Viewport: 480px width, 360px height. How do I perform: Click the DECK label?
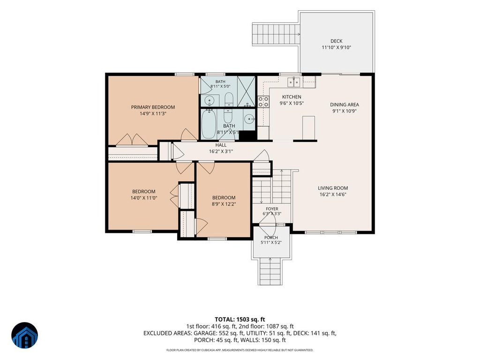(x=336, y=41)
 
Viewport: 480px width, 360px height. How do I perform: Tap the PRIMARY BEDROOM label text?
(x=153, y=107)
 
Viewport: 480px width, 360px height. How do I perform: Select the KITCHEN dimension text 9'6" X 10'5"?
(x=292, y=104)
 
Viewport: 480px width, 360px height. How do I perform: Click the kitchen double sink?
(x=294, y=82)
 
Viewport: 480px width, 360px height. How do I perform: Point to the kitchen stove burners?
(x=263, y=102)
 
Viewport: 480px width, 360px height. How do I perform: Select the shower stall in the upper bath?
(x=246, y=91)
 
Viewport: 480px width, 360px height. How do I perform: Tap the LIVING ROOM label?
(x=333, y=188)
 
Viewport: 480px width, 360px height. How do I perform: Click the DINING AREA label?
(x=345, y=105)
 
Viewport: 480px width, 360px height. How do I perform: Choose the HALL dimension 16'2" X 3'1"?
(x=221, y=151)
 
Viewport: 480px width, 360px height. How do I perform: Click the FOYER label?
(x=272, y=209)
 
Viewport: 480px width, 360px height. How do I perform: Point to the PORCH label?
(x=271, y=237)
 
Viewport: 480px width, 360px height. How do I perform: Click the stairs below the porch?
(x=270, y=271)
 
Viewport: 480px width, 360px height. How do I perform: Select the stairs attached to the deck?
(x=276, y=34)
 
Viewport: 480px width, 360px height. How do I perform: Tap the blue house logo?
(x=25, y=335)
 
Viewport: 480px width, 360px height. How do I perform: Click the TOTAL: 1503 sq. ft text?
(x=240, y=320)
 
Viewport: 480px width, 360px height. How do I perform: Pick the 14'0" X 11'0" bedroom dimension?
(x=144, y=198)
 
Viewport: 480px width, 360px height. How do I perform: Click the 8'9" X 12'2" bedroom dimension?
(x=224, y=204)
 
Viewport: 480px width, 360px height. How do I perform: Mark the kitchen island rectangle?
(x=308, y=127)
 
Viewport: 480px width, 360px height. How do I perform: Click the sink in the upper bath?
(x=210, y=100)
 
